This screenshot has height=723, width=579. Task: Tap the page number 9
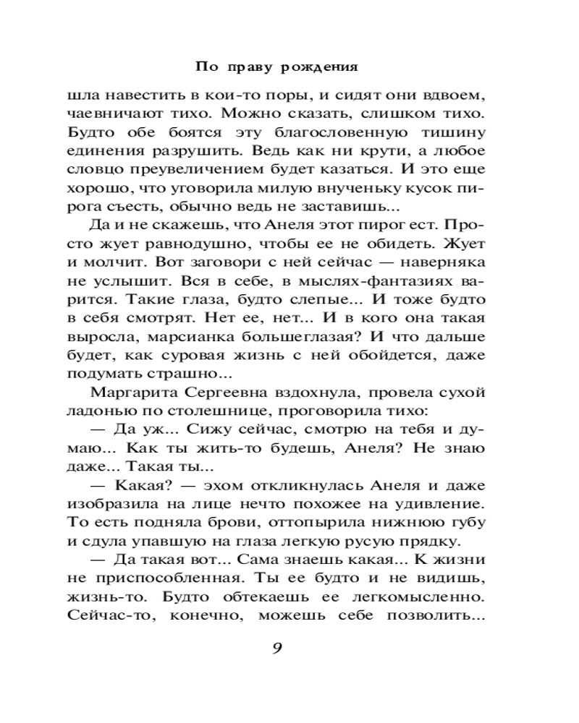click(x=276, y=647)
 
